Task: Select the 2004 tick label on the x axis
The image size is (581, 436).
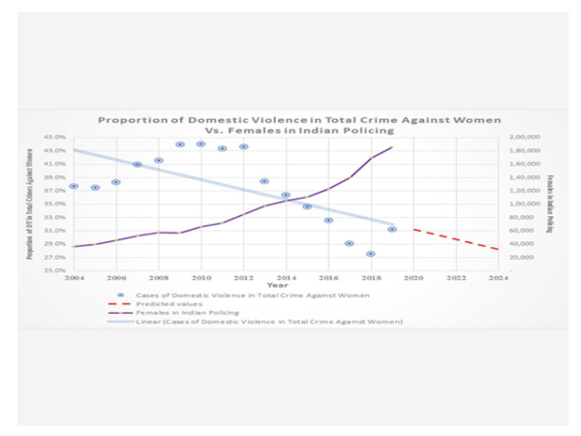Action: (x=74, y=277)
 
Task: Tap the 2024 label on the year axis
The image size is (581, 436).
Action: (x=498, y=277)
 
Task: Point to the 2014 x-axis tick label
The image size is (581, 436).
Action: (x=286, y=277)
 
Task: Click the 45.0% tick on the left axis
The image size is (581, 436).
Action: (x=55, y=138)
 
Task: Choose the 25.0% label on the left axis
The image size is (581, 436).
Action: (x=55, y=270)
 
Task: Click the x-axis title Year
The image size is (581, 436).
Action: (x=279, y=285)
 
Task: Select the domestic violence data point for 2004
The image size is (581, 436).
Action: (x=74, y=186)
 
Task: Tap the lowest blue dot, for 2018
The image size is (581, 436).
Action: (x=371, y=254)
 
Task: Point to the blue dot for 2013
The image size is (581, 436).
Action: (x=264, y=181)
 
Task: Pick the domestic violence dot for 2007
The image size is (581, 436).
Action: (x=138, y=165)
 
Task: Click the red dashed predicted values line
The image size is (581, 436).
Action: (x=455, y=239)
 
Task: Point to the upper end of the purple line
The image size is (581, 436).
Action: (x=392, y=146)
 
